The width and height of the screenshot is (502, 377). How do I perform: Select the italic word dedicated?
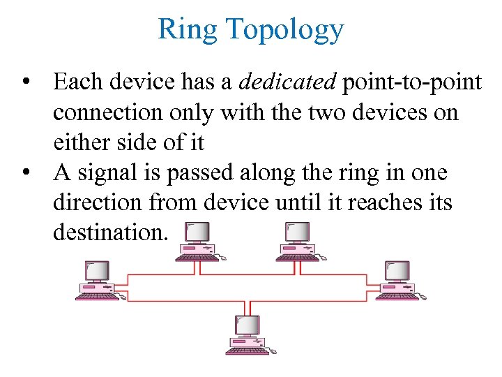tap(287, 82)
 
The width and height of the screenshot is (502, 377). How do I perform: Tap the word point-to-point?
tap(411, 83)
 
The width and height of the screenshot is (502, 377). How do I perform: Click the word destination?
tap(110, 232)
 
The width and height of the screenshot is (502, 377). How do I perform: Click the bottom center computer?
tap(250, 334)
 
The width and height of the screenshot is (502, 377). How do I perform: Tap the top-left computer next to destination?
tap(199, 242)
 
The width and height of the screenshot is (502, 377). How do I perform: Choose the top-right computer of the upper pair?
tap(299, 242)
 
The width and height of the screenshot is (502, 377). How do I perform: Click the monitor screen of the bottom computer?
tap(248, 325)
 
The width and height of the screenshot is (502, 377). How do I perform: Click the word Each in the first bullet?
tap(75, 83)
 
